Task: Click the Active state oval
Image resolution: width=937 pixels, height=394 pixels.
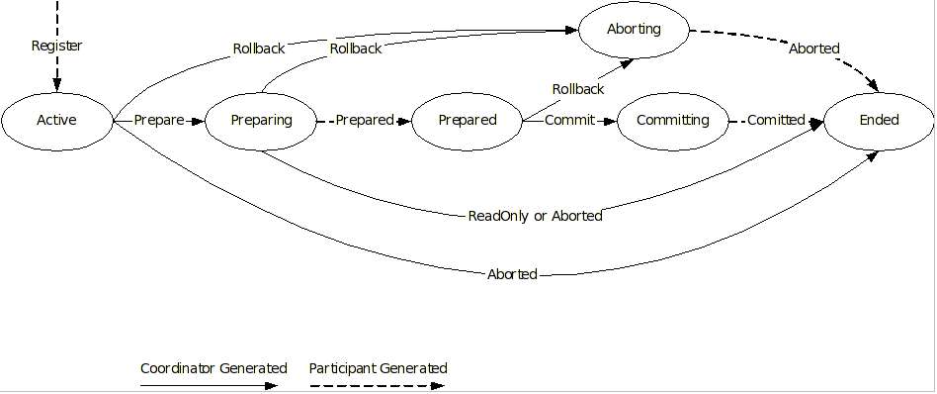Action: coord(56,120)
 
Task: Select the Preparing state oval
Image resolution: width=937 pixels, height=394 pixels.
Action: coord(261,120)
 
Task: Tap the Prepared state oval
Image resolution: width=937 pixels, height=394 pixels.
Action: coord(467,120)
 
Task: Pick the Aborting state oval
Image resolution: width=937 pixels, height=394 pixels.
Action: coord(633,29)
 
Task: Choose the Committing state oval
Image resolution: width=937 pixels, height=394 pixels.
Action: coord(672,120)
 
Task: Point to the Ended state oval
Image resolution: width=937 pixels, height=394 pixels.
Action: coord(879,120)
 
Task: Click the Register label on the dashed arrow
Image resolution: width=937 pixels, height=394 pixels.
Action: coord(56,46)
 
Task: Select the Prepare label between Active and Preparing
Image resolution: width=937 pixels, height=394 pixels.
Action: coord(159,120)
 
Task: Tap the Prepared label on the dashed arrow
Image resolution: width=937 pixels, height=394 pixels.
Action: coord(364,120)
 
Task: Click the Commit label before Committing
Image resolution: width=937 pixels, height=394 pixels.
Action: coord(570,120)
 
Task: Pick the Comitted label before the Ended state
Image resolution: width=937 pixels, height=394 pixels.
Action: coord(776,120)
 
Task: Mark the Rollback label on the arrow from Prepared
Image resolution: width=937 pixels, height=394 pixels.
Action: coord(577,89)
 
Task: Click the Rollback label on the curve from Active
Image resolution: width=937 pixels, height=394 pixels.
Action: coord(260,48)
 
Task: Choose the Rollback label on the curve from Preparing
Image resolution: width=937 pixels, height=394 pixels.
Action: coord(356,48)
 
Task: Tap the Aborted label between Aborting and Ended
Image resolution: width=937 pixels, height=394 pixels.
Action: coord(813,49)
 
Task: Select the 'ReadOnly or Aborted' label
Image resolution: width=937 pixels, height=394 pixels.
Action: coord(535,216)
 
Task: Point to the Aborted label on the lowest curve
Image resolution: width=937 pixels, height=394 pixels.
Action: coord(512,274)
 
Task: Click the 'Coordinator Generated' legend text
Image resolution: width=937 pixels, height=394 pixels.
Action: coord(213,368)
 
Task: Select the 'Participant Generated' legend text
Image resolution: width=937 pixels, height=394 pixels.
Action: coord(378,368)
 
